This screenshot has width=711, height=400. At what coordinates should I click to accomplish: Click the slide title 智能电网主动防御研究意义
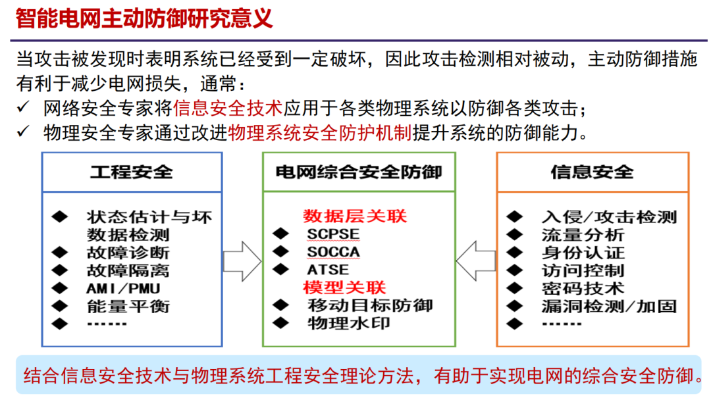pos(144,18)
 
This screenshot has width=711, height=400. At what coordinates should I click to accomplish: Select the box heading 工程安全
pos(132,172)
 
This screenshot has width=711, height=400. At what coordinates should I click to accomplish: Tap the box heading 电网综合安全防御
pos(359,172)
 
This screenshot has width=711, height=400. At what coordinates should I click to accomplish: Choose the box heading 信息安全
pos(592,172)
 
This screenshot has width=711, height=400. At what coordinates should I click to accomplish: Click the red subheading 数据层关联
pos(355,216)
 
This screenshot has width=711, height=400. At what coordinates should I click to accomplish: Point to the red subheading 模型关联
pos(344,287)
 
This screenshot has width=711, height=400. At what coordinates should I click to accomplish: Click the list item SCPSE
pos(333,234)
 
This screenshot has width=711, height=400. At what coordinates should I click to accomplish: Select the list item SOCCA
pos(333,251)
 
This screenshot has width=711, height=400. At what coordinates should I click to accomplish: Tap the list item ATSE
pos(328,270)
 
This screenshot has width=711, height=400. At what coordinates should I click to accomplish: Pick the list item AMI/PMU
pos(123,287)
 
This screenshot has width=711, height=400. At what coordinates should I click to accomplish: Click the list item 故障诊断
pos(128,252)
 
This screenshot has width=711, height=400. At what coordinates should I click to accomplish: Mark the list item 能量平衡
pos(128,305)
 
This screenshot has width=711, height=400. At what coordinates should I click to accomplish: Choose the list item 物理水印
pos(349,323)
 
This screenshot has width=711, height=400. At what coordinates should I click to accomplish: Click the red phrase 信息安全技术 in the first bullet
pos(228,107)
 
